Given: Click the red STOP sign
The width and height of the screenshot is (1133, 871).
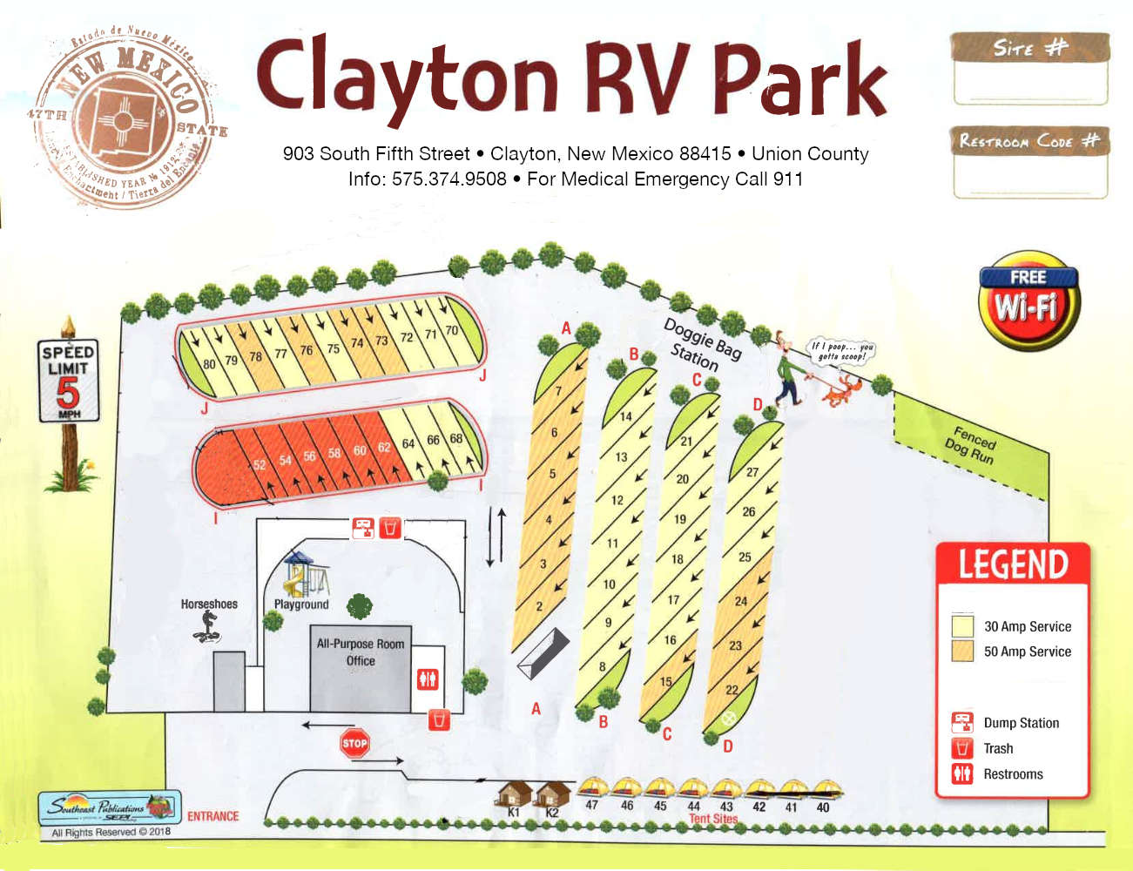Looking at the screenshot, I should click(x=354, y=743).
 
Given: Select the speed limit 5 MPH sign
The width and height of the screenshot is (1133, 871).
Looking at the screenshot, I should click(x=68, y=381).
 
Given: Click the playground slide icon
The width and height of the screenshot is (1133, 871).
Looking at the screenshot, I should click(x=297, y=577).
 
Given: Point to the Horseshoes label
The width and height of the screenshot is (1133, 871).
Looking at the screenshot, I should click(x=209, y=604).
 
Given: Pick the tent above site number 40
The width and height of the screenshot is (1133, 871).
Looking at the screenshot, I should click(x=824, y=790).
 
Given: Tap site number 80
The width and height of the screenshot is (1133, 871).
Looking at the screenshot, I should click(x=209, y=364).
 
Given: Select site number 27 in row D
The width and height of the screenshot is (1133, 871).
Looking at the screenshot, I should click(x=752, y=472).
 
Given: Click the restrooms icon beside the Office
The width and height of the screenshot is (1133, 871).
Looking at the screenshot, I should click(x=427, y=679).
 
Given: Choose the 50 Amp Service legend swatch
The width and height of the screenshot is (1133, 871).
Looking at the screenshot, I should click(x=962, y=651).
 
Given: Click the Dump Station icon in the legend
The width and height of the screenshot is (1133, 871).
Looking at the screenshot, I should click(x=962, y=722).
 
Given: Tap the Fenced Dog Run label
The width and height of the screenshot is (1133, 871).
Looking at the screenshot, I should click(x=972, y=443).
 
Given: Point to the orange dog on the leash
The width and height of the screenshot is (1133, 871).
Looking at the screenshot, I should click(x=837, y=391).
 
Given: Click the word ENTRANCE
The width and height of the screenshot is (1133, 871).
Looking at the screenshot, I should click(x=212, y=816).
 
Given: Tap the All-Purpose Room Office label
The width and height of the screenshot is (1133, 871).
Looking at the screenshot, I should click(x=361, y=652).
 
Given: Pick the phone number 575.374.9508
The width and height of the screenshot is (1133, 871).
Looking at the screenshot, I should click(x=448, y=179).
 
